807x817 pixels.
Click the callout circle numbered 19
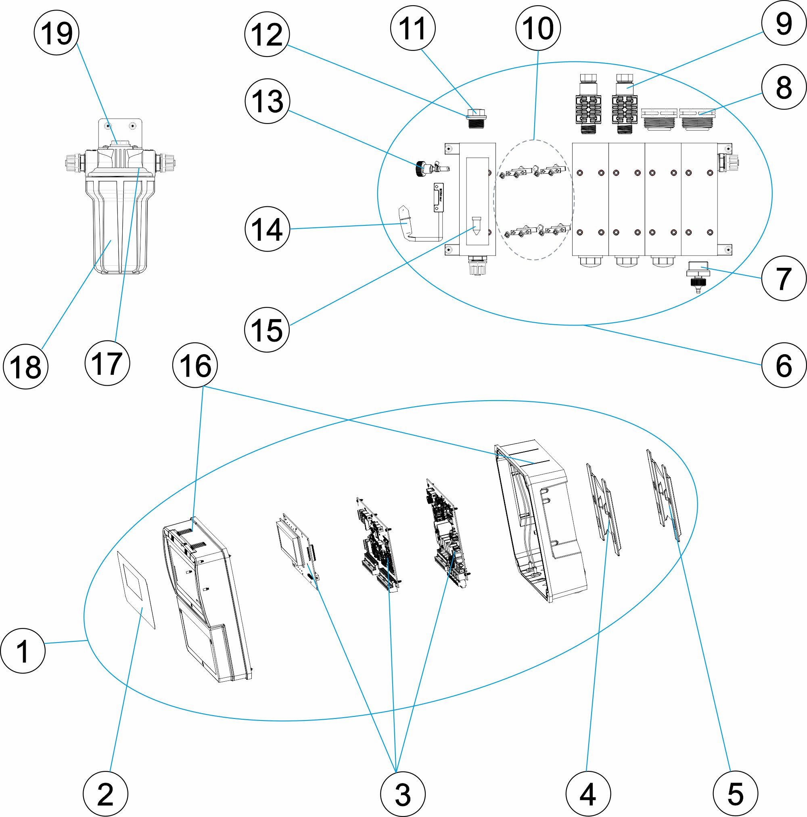click(x=56, y=33)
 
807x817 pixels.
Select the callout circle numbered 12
click(x=267, y=34)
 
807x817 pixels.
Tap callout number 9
click(x=784, y=23)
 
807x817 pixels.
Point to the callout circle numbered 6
click(x=784, y=365)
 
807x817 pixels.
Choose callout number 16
click(x=195, y=365)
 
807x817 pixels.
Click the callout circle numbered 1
click(x=23, y=650)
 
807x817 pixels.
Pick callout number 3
click(x=403, y=794)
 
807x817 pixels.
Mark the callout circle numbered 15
click(x=267, y=330)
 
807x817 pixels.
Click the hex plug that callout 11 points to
click(x=476, y=119)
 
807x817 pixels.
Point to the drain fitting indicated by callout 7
click(x=698, y=275)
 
